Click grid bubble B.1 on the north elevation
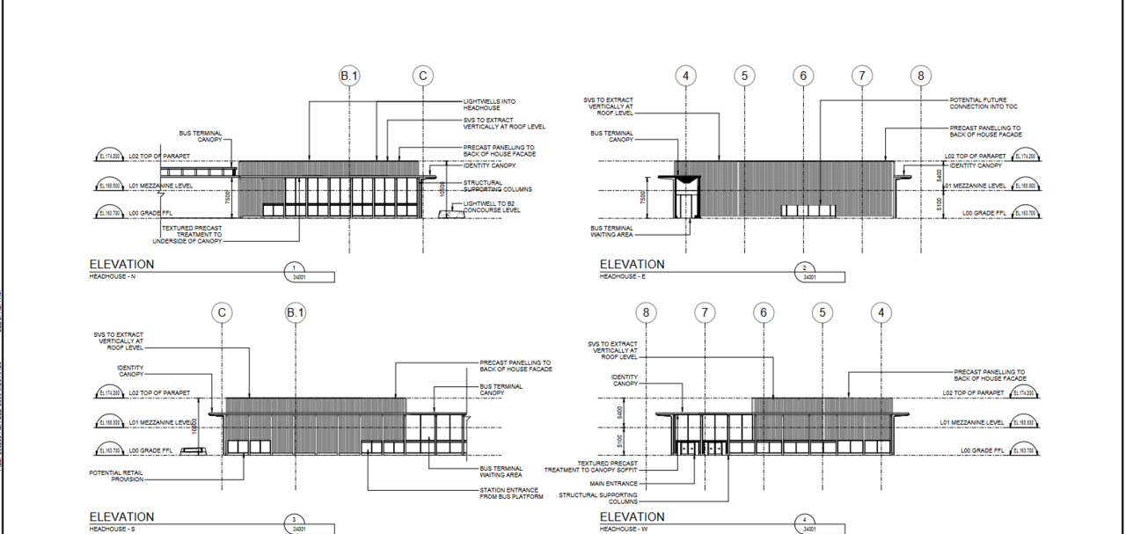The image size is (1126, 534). [350, 77]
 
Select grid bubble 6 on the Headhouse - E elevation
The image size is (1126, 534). [803, 77]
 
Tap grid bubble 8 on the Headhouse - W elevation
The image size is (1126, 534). [647, 312]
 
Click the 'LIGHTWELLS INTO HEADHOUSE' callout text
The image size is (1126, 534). [489, 105]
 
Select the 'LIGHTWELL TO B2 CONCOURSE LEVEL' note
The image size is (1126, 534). [492, 207]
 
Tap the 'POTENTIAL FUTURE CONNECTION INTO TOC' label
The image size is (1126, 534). [977, 103]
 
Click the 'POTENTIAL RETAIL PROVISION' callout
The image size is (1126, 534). [115, 476]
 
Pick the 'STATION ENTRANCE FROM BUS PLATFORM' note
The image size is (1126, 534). [511, 494]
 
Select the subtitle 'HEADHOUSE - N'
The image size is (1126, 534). [113, 277]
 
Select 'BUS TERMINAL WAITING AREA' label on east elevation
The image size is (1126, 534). [611, 231]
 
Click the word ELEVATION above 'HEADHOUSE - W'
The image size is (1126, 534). [632, 516]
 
